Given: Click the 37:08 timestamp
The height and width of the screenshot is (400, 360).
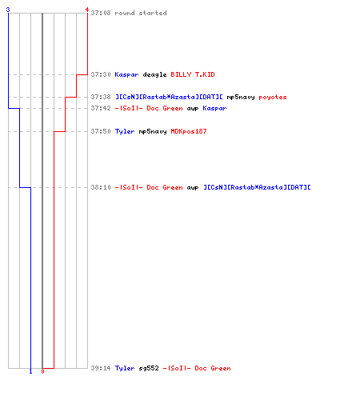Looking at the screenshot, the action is coord(101,13).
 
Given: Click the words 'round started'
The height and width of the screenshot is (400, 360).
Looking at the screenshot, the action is coord(141,13).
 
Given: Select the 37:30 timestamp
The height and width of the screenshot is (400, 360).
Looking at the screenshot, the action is coord(101,74).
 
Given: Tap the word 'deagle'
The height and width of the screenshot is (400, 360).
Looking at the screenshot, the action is coord(154,74).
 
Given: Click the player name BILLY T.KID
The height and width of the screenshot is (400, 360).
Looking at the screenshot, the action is coord(193,74).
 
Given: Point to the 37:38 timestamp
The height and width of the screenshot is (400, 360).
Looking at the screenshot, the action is coord(101,97).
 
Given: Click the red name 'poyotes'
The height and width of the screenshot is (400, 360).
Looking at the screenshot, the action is coord(273,98).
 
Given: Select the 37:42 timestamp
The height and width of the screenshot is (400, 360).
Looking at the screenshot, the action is coord(101,108).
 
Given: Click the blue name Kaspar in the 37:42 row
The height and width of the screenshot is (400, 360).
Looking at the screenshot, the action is coord(214,108).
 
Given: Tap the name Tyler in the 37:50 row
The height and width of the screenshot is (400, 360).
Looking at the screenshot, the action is coord(125,131).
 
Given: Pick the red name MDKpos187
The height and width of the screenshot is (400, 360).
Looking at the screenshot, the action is coord(189,131).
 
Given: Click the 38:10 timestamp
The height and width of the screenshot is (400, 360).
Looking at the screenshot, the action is coord(101,187).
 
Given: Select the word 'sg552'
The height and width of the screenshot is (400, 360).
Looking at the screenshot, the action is coord(149,368).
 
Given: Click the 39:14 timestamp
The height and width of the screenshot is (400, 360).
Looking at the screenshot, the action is coord(101,368).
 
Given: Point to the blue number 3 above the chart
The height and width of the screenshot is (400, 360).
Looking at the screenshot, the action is coord(8,10).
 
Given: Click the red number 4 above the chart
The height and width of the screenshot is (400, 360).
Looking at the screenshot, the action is coord(87,10).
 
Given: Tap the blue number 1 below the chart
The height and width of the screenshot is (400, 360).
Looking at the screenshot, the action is coord(30,371).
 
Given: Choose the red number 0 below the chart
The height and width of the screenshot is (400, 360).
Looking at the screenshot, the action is coord(42,371).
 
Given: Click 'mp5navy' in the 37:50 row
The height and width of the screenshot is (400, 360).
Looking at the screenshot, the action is coord(153,131).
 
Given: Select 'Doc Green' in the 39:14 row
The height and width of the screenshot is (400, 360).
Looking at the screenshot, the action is coord(213,368).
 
